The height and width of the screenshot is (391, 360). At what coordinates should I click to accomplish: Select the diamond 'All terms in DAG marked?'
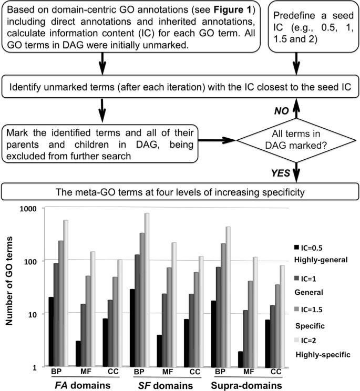[297, 140]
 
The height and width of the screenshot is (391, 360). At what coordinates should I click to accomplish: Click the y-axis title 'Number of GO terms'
[9, 289]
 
